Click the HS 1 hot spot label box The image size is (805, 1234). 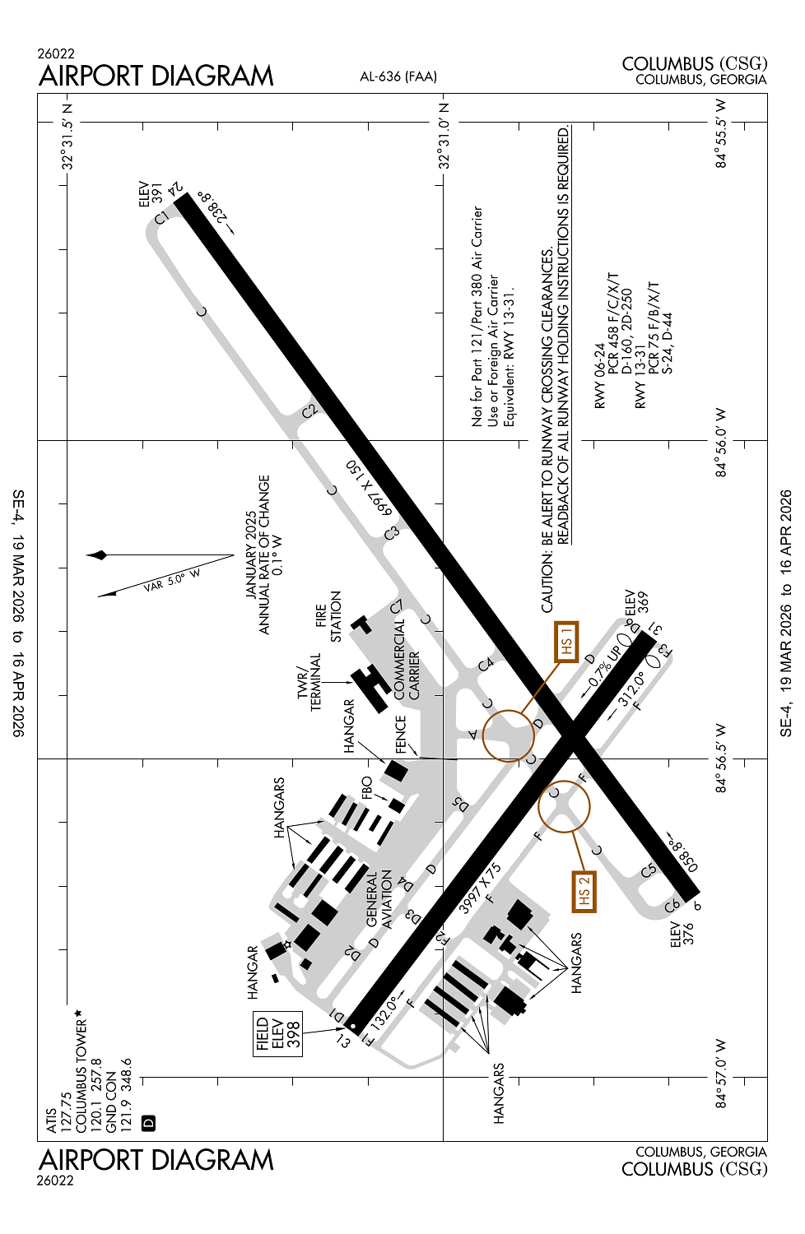click(566, 642)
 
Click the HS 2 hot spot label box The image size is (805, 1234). click(584, 891)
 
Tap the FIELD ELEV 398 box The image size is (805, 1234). click(278, 1034)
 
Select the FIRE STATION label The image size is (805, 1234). click(328, 616)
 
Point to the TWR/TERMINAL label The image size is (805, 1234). click(309, 682)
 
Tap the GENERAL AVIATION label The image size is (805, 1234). click(379, 899)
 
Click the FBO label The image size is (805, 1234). click(367, 787)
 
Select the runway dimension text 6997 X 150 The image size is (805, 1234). click(367, 488)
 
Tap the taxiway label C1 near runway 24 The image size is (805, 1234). click(161, 217)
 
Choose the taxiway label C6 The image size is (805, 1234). click(672, 906)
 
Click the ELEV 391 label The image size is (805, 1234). click(151, 194)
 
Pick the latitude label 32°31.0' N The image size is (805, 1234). click(444, 136)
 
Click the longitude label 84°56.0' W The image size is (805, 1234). click(721, 442)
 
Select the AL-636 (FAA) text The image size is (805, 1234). click(398, 77)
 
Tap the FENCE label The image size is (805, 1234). click(401, 734)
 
